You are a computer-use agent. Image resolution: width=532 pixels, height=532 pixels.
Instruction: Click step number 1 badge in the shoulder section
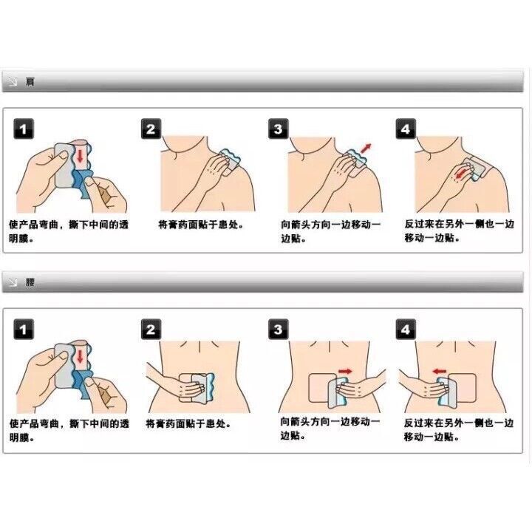[x=24, y=129]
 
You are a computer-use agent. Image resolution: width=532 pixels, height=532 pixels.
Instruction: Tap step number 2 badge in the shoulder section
[x=151, y=129]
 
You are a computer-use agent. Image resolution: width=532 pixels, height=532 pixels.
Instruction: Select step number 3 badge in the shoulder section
[x=279, y=129]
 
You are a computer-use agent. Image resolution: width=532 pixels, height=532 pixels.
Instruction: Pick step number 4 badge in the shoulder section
[x=406, y=129]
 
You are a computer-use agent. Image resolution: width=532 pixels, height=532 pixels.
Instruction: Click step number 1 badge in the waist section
[x=24, y=329]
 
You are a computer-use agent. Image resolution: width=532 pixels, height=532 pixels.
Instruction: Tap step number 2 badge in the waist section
[x=151, y=329]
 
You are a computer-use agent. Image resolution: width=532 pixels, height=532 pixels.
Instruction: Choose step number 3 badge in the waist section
[x=279, y=329]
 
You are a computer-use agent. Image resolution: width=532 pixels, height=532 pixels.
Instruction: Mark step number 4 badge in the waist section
[x=406, y=329]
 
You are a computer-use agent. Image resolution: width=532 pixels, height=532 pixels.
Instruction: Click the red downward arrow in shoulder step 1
[x=80, y=155]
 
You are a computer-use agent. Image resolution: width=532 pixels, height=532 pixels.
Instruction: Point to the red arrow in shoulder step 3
[x=366, y=149]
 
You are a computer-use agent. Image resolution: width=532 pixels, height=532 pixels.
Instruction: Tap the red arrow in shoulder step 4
[x=461, y=172]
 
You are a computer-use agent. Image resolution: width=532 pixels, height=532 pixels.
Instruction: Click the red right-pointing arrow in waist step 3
[x=346, y=371]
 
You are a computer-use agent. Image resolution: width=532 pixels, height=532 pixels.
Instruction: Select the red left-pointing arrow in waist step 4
[x=440, y=371]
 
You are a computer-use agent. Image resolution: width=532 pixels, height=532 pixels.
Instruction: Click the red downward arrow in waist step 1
[x=80, y=356]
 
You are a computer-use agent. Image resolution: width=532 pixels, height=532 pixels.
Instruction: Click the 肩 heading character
[x=30, y=82]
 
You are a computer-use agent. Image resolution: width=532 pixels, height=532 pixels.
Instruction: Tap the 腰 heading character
[x=30, y=282]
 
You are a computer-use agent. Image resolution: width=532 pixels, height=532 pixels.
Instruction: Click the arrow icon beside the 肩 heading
[x=13, y=82]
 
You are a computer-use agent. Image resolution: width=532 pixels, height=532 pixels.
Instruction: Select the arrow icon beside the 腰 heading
[x=13, y=282]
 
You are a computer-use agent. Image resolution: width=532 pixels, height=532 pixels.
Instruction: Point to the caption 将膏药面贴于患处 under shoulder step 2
[x=201, y=225]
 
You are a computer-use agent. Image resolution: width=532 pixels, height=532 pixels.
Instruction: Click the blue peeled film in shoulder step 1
[x=82, y=185]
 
